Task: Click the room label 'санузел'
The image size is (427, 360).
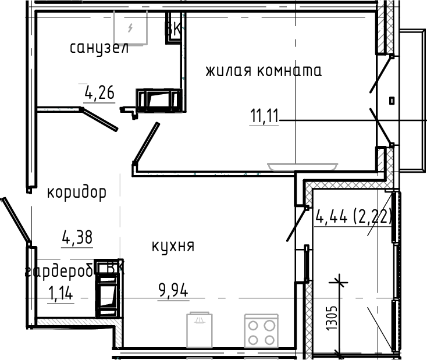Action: pos(99,48)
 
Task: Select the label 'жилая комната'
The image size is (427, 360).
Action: pos(263,71)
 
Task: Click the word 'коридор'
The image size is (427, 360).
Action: pos(77,193)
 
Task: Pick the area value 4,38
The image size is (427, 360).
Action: pos(77,237)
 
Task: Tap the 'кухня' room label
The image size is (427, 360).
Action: pos(173,246)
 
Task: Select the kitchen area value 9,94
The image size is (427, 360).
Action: pos(173,289)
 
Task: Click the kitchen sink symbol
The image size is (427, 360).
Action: pos(200,330)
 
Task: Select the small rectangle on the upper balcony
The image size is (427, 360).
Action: pos(392,101)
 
